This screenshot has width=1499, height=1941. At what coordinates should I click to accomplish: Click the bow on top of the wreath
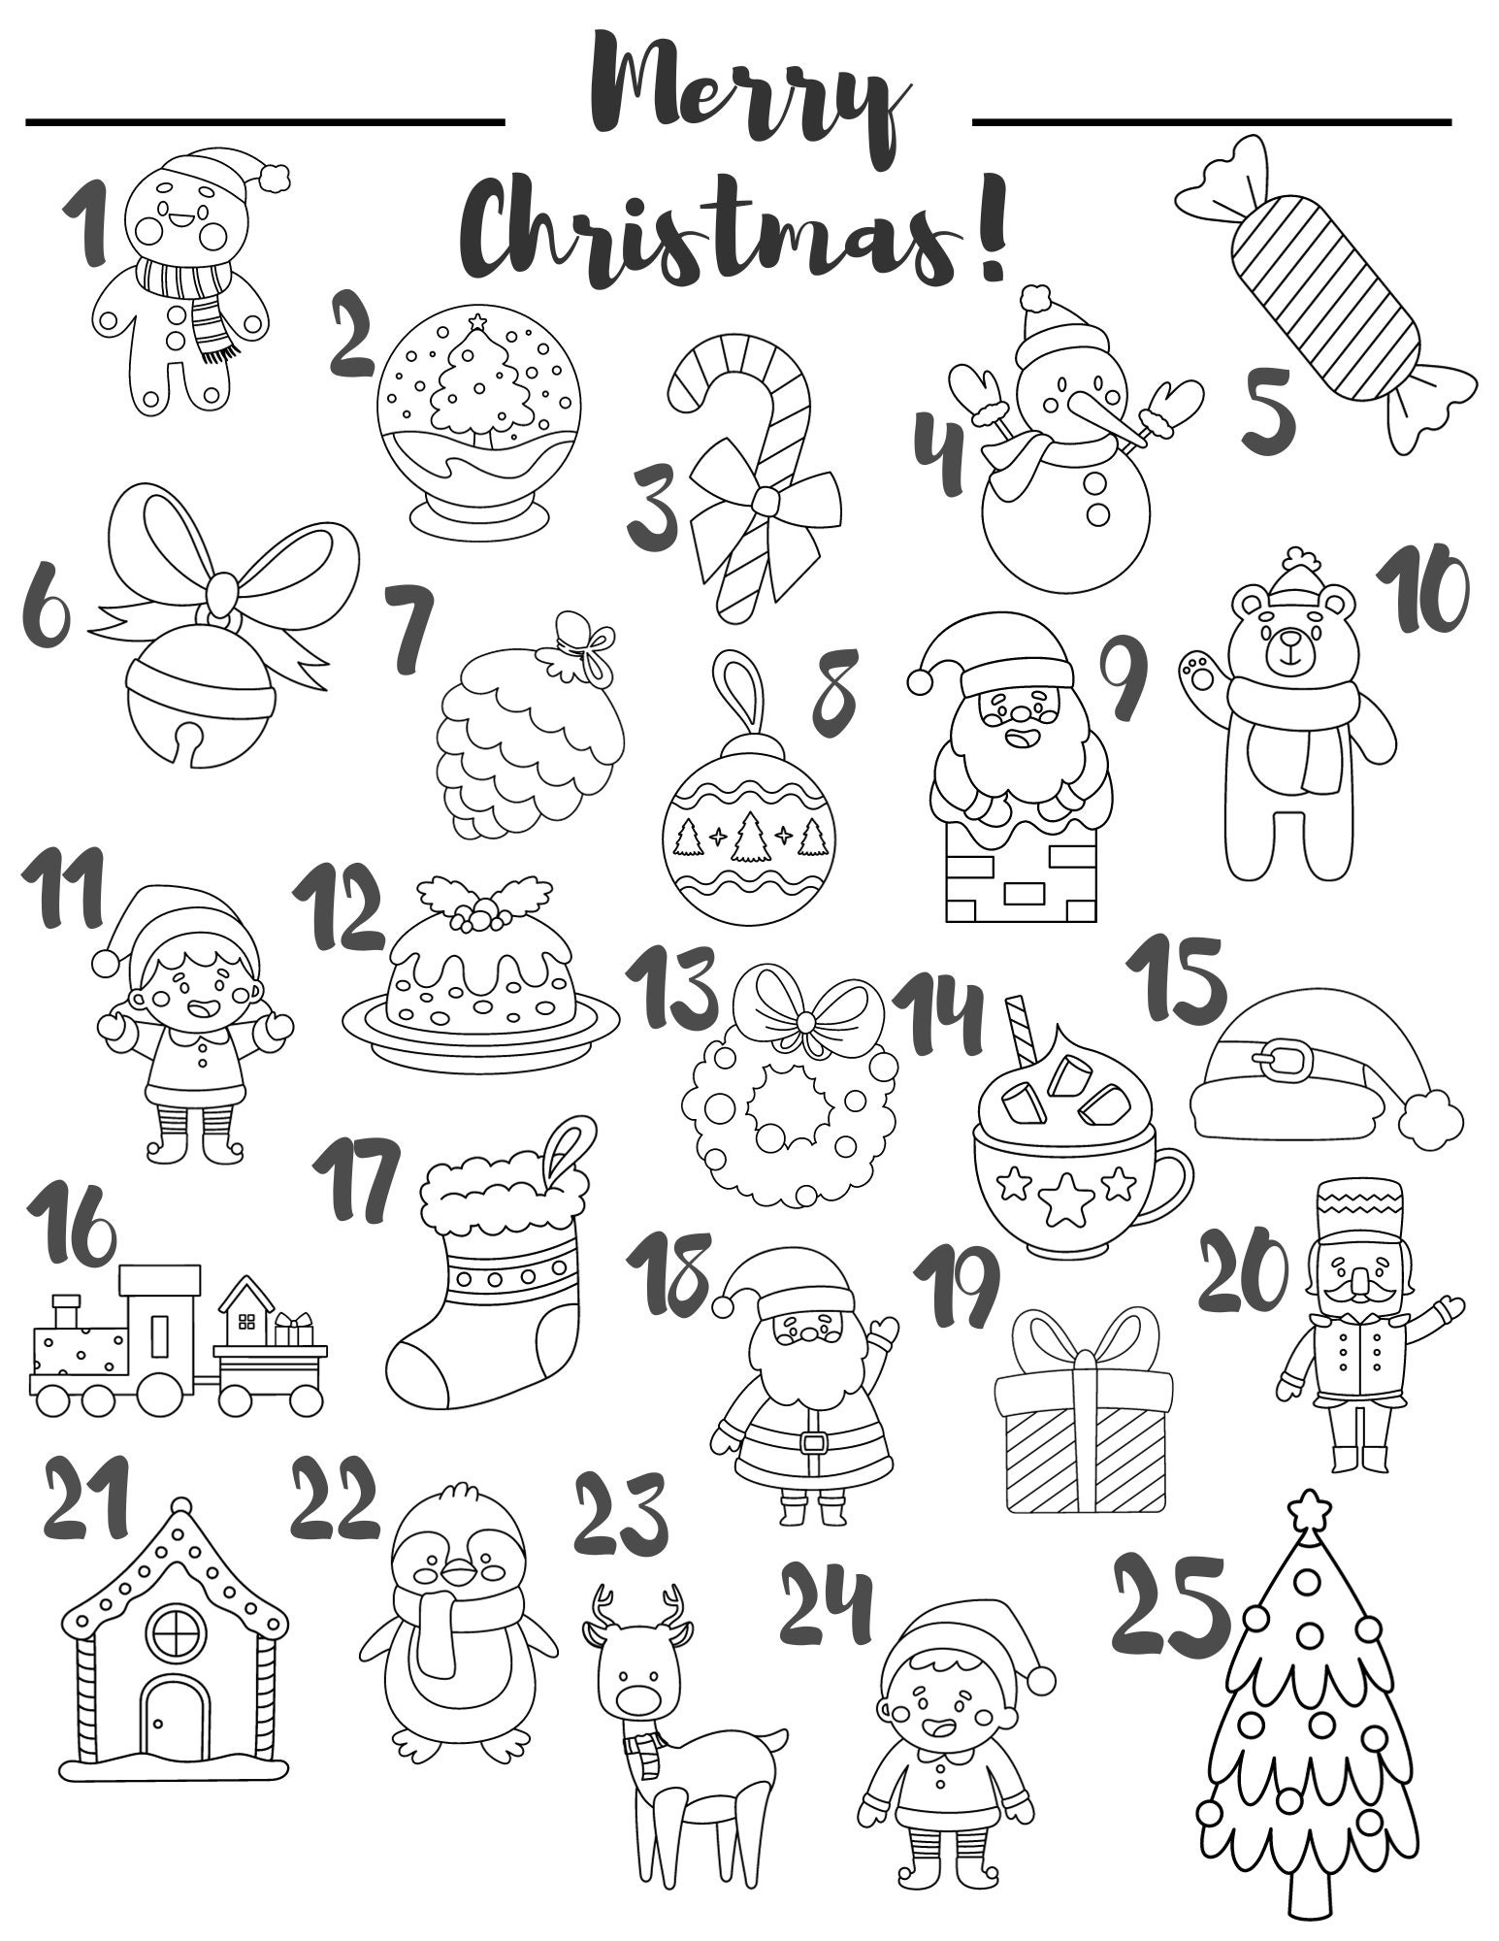(x=804, y=1018)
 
